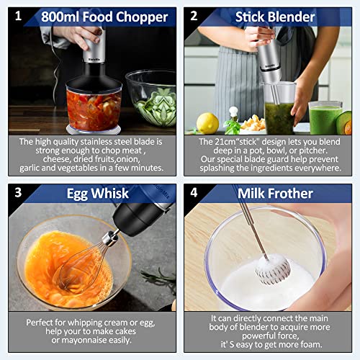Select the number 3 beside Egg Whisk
(x=19, y=192)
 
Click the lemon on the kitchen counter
(x=207, y=123)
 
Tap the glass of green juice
(x=325, y=117)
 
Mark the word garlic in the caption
(x=32, y=168)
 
